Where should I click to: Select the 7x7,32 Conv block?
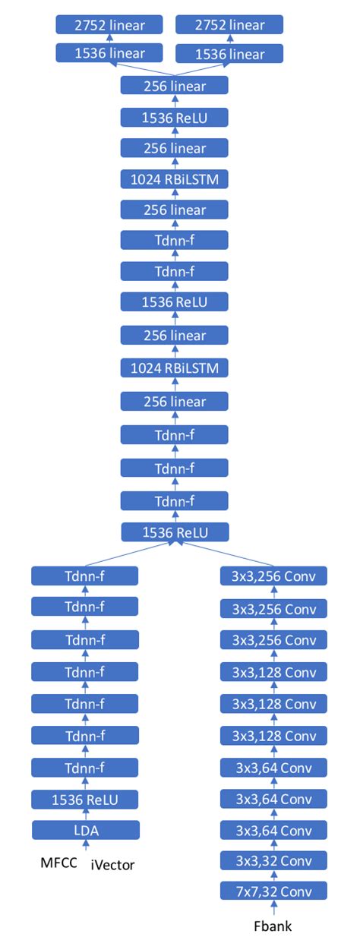coord(273,891)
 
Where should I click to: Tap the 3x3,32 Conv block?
coord(273,860)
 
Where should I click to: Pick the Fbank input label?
coord(273,926)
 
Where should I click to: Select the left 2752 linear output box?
coord(109,25)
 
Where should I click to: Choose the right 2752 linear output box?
coord(229,25)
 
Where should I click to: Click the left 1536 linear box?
coord(109,54)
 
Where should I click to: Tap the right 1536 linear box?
coord(229,54)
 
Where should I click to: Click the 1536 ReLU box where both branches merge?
coord(174,532)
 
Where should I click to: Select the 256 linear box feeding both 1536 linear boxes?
coord(174,86)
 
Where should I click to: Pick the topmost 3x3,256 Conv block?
coord(273,576)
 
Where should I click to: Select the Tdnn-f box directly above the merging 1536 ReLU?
coord(174,500)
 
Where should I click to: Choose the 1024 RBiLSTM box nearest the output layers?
coord(174,179)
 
